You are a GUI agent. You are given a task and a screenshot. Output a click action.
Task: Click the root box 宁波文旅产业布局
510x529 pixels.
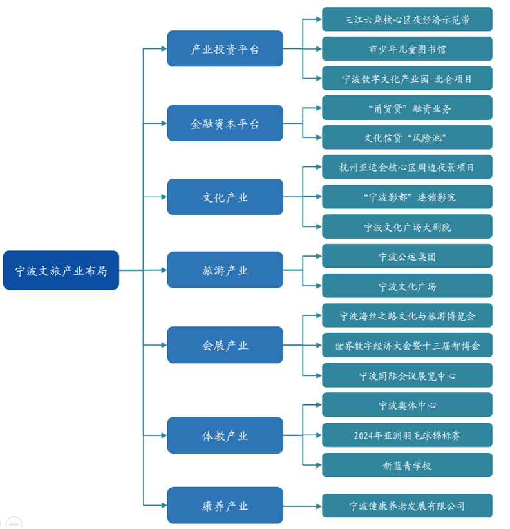[x=61, y=270]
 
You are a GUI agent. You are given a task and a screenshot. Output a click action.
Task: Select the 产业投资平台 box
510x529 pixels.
[x=225, y=48]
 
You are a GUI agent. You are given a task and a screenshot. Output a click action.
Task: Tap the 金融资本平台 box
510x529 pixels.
[x=225, y=123]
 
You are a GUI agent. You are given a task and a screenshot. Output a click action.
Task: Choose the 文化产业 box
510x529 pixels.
[x=225, y=197]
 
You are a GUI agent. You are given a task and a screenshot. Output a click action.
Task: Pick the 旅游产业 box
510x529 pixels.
[x=225, y=270]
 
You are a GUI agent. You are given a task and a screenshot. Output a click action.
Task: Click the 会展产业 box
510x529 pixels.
[x=225, y=345]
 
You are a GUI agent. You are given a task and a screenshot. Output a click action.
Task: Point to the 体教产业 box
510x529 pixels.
[x=225, y=435]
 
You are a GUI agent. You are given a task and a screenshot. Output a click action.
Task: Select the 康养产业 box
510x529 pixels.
[x=225, y=505]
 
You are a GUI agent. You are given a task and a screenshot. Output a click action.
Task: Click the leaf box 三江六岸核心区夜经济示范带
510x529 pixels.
[x=407, y=19]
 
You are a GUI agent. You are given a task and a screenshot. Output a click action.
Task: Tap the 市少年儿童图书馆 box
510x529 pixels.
[x=407, y=48]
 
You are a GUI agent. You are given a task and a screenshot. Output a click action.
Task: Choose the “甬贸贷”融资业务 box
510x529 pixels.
[x=407, y=108]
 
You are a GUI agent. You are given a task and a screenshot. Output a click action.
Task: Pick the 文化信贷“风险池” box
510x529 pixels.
[x=407, y=137]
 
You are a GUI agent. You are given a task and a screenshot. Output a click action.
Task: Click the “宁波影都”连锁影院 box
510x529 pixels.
[x=407, y=197]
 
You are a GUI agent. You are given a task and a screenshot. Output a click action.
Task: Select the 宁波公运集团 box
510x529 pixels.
[x=407, y=256]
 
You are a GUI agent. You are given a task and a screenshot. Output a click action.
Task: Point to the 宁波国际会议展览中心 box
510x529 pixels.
[x=407, y=375]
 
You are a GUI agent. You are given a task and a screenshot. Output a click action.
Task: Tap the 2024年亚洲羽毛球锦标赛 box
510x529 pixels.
[x=407, y=435]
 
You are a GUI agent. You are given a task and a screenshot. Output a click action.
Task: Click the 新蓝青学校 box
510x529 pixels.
[x=407, y=465]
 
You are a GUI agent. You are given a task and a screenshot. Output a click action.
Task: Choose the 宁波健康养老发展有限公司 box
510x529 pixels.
[x=407, y=505]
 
